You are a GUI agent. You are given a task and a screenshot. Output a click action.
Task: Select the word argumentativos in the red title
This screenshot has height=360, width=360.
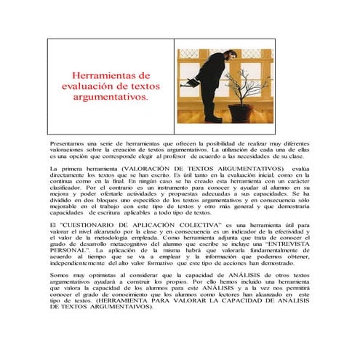pyautogui.click(x=111, y=96)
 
